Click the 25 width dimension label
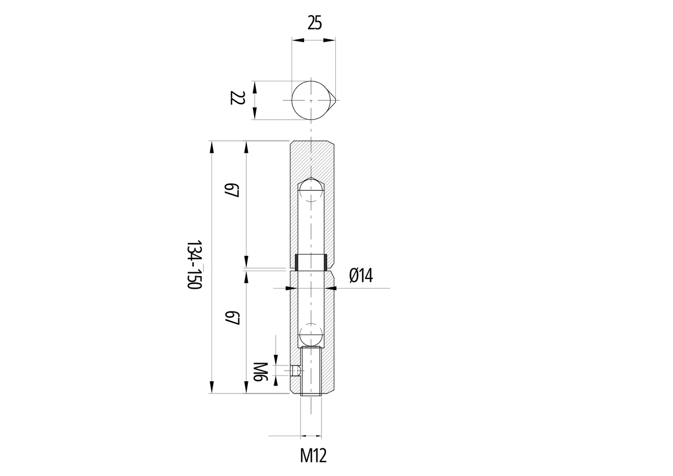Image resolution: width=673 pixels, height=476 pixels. point(315,23)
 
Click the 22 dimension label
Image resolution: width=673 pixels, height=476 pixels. point(237,98)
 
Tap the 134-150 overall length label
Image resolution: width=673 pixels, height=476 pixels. point(194,264)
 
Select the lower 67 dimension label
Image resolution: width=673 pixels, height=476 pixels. point(232,318)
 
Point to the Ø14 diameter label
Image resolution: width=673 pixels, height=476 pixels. point(361,275)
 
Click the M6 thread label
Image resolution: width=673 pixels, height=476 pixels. point(260,372)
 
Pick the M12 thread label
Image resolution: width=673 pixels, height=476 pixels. point(313,456)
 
